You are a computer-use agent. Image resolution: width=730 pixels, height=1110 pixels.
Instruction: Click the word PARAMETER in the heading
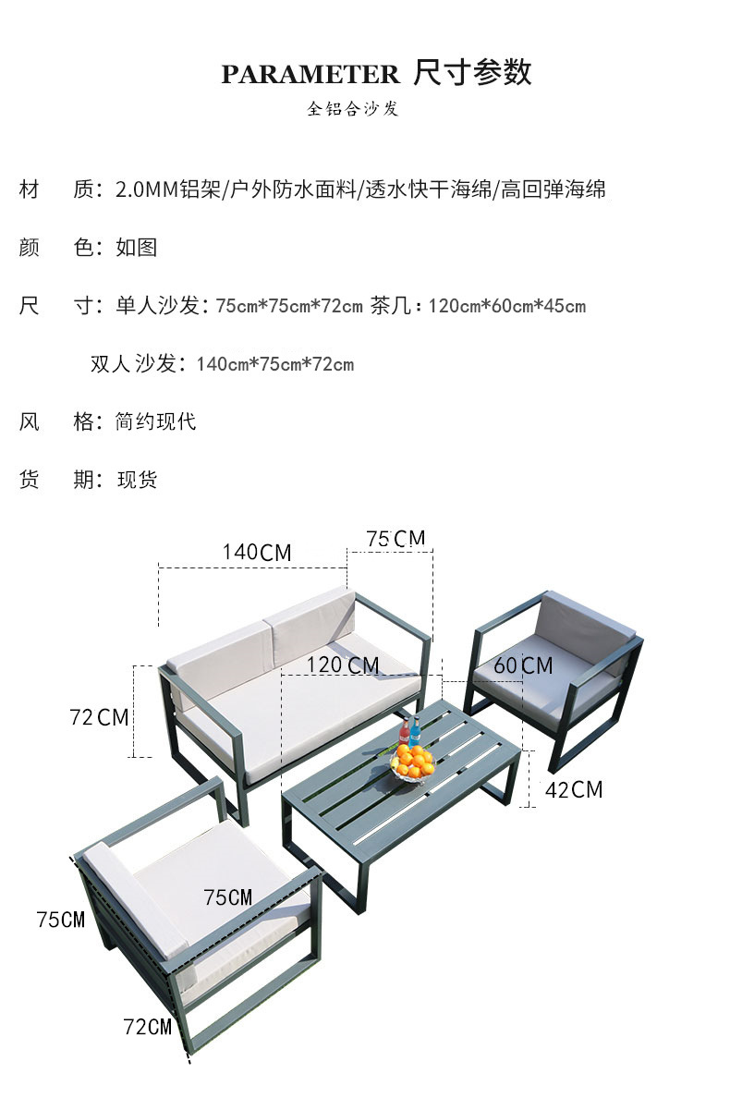click(x=310, y=75)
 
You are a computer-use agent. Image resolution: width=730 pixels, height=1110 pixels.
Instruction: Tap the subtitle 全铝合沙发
click(x=353, y=109)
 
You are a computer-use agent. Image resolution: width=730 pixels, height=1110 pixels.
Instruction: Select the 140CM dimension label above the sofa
click(x=256, y=553)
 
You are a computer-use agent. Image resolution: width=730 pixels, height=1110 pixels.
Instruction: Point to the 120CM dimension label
click(x=344, y=665)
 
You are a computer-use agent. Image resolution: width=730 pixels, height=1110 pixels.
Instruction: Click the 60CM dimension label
click(x=523, y=665)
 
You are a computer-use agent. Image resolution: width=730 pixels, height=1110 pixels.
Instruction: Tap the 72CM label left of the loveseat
click(x=99, y=716)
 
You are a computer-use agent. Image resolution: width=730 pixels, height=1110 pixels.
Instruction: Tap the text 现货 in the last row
click(x=137, y=480)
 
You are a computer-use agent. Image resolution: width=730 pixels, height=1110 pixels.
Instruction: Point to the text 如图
click(x=136, y=248)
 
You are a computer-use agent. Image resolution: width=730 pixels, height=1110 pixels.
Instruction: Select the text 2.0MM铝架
click(x=168, y=190)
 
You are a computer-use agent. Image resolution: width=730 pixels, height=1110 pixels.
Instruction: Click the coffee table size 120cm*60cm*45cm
click(x=506, y=306)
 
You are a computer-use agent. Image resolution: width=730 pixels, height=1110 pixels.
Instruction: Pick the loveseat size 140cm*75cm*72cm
click(x=274, y=364)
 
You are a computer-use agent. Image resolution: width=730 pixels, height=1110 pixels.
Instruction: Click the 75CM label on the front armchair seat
click(x=227, y=897)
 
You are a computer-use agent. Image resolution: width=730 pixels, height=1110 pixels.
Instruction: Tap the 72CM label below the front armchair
click(x=148, y=1026)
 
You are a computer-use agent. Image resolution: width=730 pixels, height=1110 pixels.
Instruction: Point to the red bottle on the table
click(x=404, y=734)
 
